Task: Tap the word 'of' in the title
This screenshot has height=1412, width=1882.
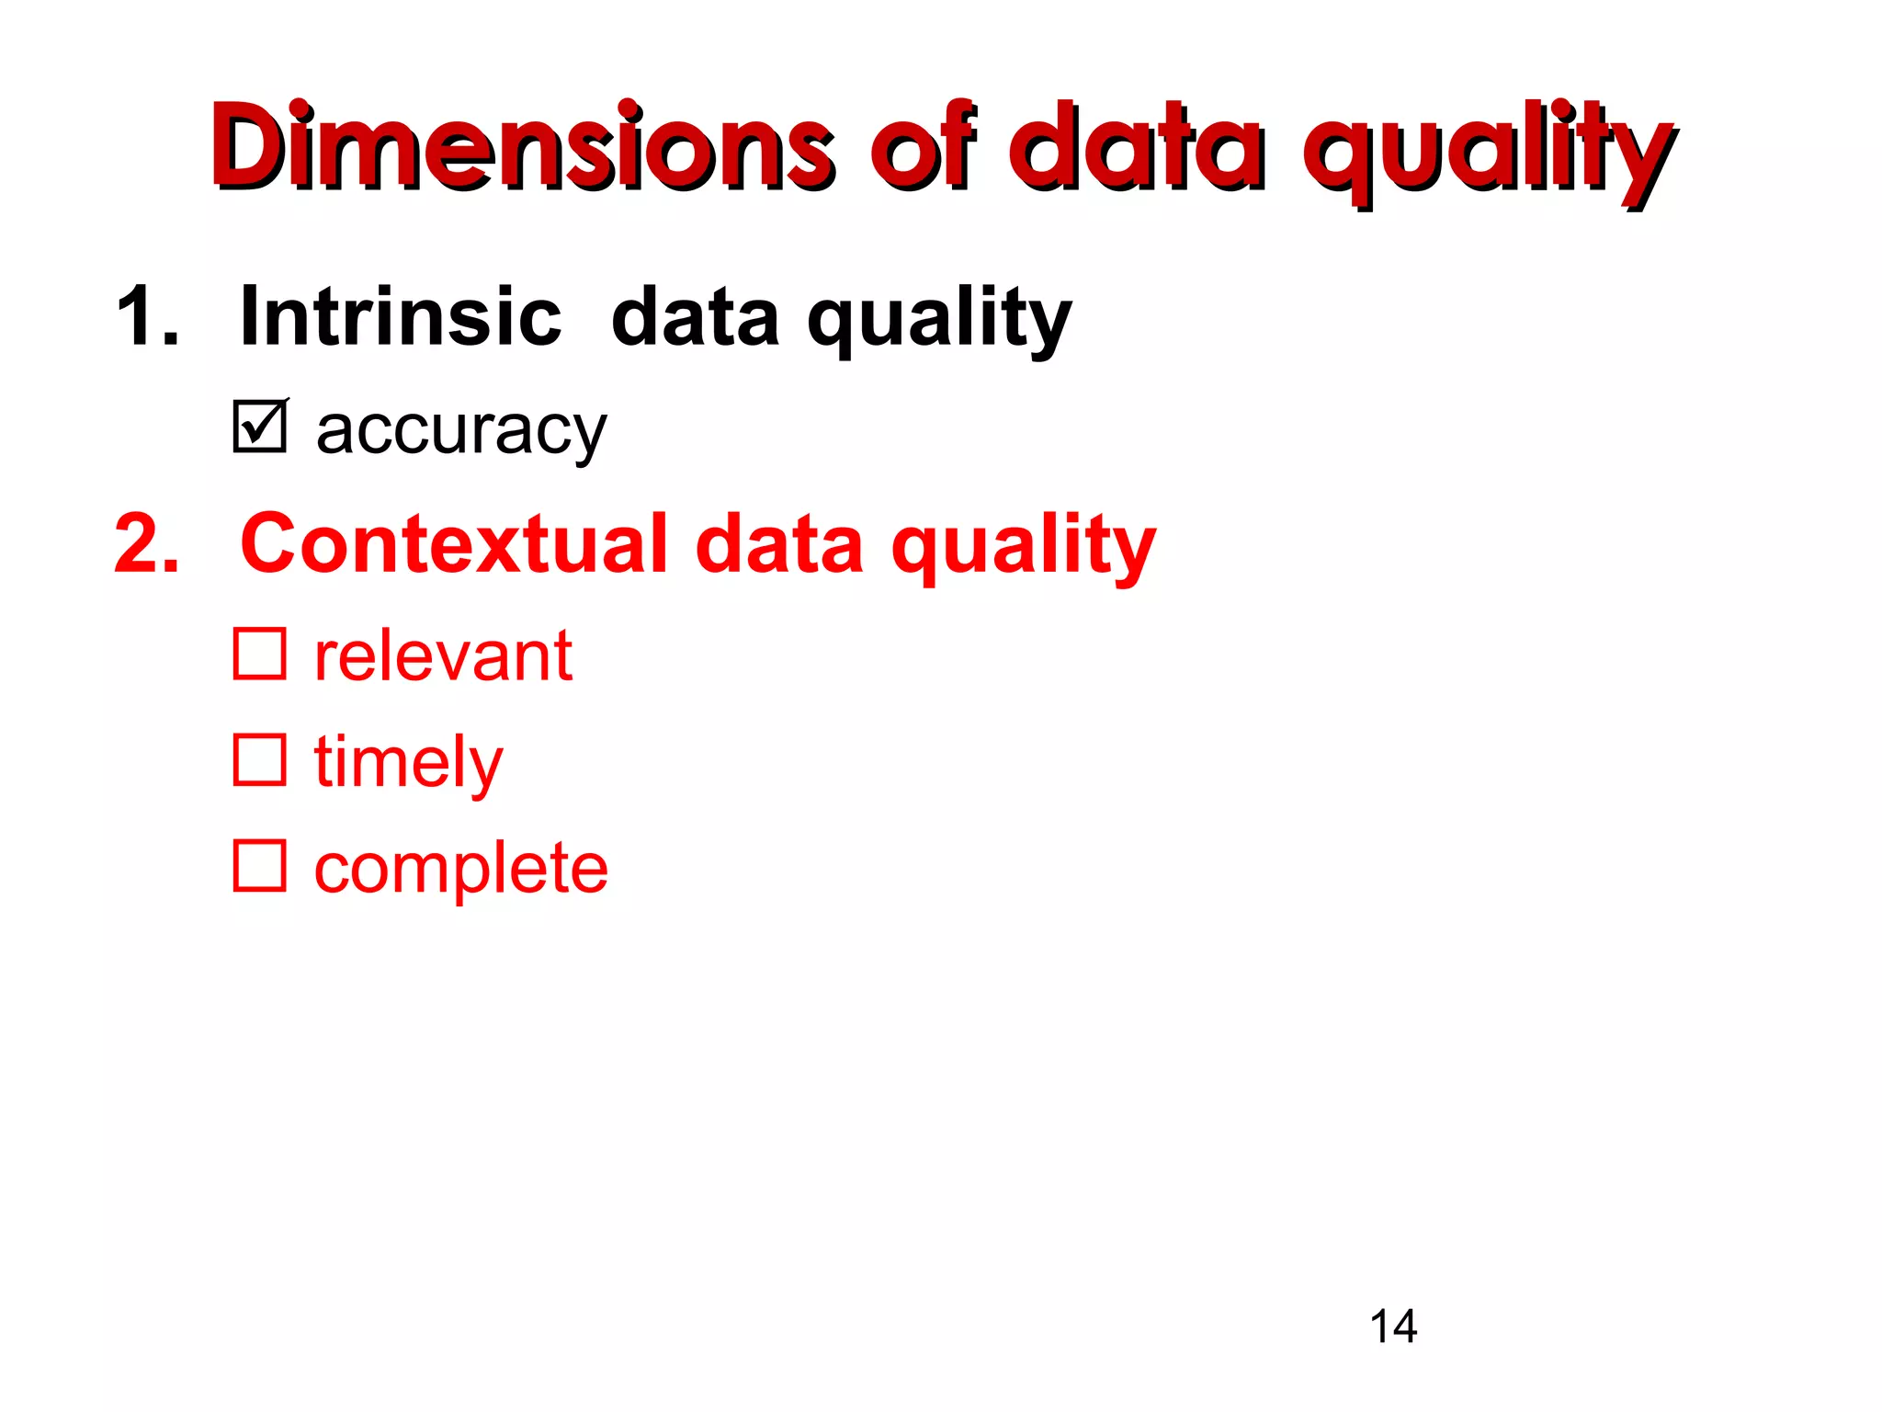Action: click(x=923, y=147)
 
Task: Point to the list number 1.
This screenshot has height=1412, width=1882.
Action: click(x=147, y=316)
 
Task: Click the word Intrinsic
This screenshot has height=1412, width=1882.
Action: click(x=401, y=316)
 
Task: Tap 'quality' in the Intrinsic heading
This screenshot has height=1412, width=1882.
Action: click(x=939, y=322)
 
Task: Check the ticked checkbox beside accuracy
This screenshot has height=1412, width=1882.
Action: click(x=260, y=427)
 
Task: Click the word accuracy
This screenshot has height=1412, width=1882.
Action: click(x=461, y=432)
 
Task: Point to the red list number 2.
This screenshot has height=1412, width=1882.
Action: click(x=147, y=544)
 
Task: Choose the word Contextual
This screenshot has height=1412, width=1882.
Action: click(x=453, y=544)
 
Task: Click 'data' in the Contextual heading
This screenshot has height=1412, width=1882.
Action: click(x=779, y=545)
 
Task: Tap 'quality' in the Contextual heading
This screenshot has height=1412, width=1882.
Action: click(x=1024, y=549)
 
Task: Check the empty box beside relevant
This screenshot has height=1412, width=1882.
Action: click(x=260, y=654)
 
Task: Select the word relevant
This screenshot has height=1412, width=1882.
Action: click(x=443, y=656)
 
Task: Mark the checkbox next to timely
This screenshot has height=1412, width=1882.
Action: click(x=260, y=759)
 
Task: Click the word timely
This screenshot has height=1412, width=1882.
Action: click(x=408, y=763)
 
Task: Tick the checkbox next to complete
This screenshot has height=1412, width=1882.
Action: click(x=260, y=865)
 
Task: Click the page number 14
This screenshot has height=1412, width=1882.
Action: click(x=1393, y=1327)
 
